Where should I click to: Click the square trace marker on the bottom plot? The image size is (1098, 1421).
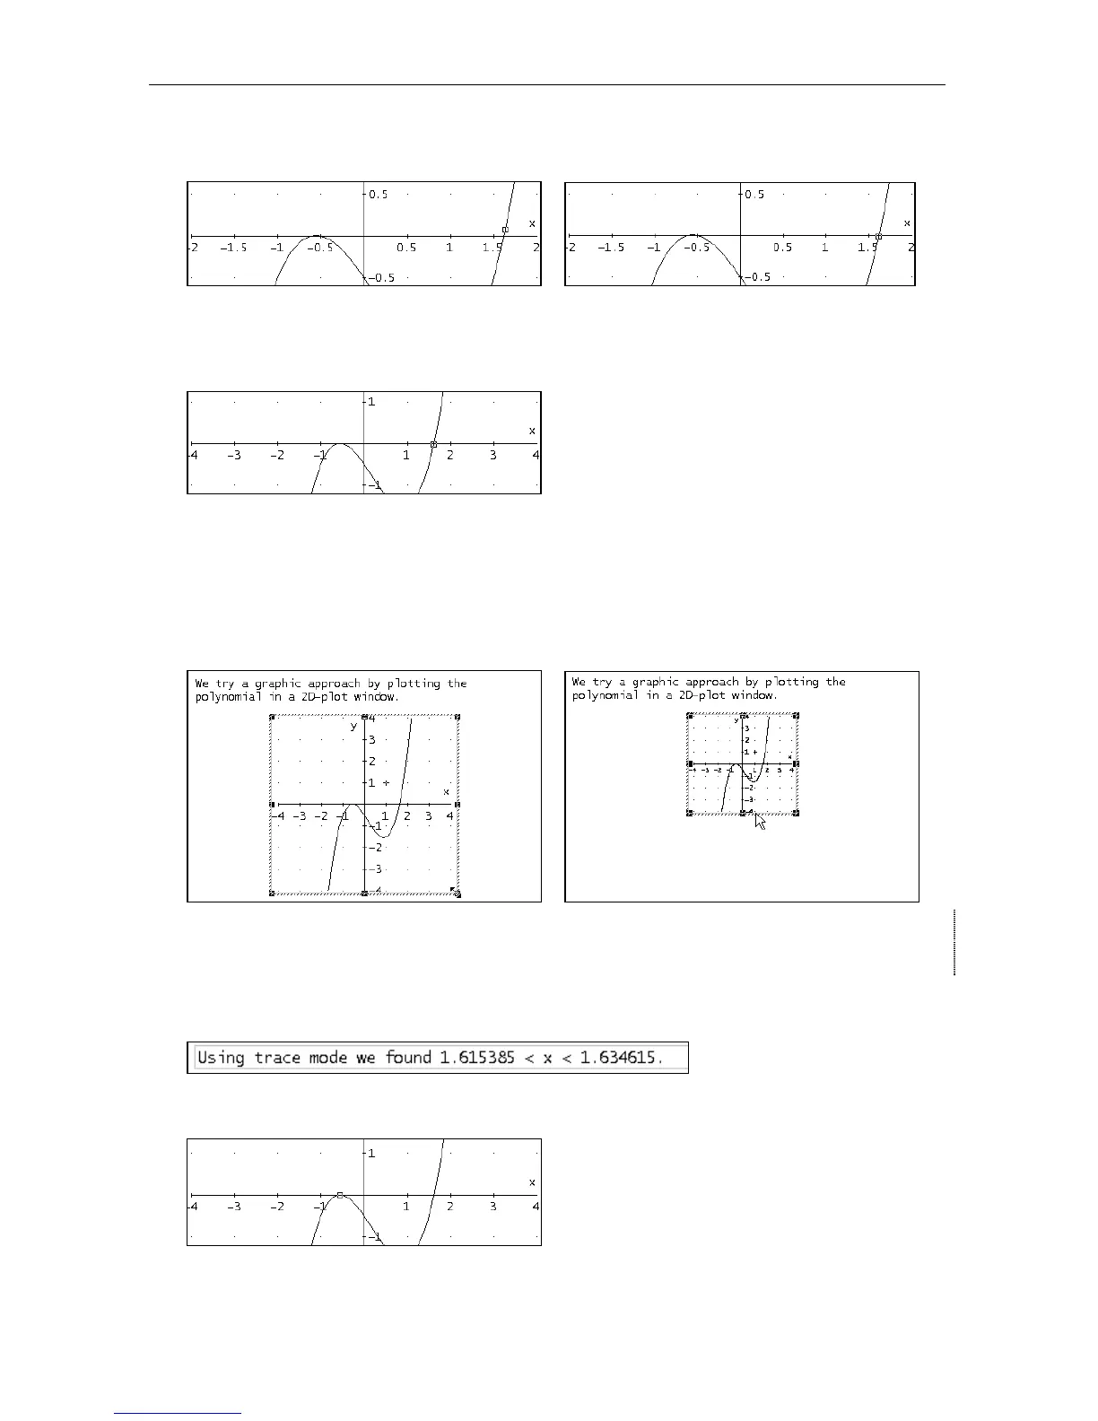(x=340, y=1195)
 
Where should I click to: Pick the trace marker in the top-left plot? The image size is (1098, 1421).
(x=505, y=230)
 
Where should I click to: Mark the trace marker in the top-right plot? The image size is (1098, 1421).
(x=878, y=236)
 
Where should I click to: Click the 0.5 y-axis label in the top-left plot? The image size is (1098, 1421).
(x=379, y=195)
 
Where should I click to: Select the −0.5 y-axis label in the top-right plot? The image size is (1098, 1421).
(x=757, y=277)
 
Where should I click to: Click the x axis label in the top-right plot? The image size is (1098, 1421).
(x=907, y=222)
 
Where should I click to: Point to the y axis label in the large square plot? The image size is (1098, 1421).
(x=353, y=726)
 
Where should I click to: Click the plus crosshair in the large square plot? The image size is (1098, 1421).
(x=387, y=783)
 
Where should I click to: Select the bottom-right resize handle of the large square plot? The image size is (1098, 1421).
(x=457, y=893)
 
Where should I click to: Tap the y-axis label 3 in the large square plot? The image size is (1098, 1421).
(x=372, y=740)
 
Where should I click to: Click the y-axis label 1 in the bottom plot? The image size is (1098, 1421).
(x=371, y=1153)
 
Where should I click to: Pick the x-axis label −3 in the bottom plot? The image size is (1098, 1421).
(x=234, y=1207)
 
